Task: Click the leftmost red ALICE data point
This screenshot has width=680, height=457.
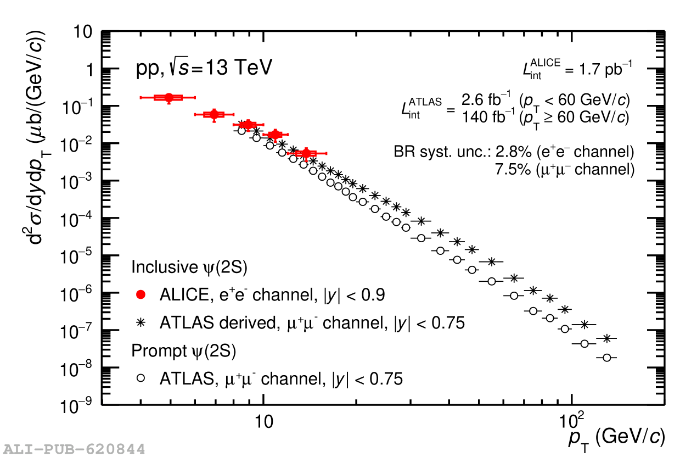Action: point(168,97)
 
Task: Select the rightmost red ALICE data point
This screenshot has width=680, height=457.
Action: point(306,153)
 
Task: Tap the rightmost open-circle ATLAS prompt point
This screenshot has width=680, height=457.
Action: point(606,358)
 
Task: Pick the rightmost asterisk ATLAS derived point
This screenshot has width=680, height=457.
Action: point(606,338)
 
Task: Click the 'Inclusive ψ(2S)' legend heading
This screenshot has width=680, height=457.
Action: point(189,267)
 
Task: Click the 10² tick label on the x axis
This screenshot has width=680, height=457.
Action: point(572,421)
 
